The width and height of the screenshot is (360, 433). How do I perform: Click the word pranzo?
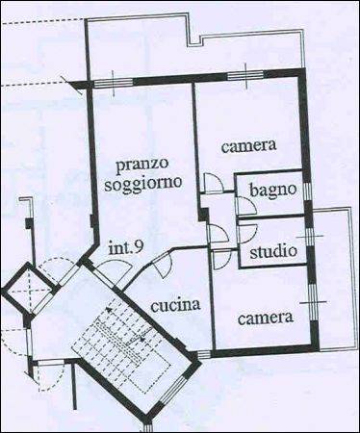pos(142,164)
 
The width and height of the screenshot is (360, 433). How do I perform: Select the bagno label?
pos(271,191)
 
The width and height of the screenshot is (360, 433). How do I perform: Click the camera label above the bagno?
pos(248,147)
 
